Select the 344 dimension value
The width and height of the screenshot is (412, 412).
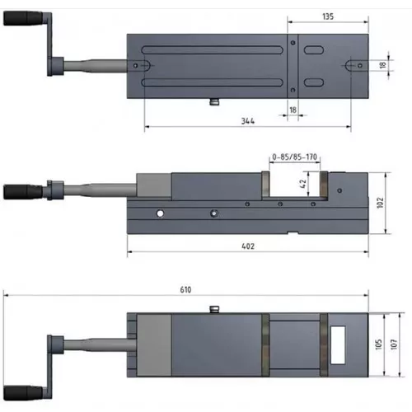coord(246,121)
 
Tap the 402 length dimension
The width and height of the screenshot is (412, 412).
coord(248,246)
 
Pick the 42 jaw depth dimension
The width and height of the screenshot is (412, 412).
coord(302,185)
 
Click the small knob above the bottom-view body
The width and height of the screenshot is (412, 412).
coord(214,309)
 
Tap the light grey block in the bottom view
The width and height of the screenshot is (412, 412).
coord(152,345)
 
